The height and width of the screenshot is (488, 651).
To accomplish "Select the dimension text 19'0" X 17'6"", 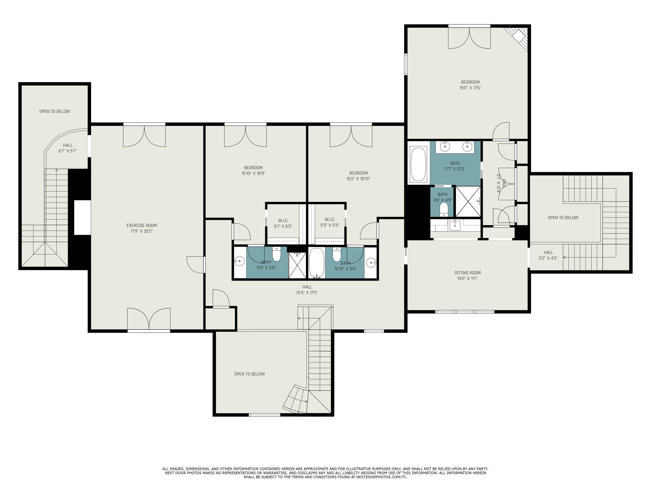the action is coord(470,88).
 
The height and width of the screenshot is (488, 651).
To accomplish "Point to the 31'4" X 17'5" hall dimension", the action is coord(307,293).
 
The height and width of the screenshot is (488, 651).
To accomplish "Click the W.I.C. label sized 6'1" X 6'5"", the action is coord(283,223).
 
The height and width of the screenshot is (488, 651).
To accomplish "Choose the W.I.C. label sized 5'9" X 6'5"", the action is coord(330,222).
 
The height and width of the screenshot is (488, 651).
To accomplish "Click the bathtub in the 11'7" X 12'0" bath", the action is coord(418,164).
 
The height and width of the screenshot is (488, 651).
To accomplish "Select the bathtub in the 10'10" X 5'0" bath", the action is coord(317,263).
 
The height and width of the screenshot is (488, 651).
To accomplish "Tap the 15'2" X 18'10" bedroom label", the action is coord(358,176).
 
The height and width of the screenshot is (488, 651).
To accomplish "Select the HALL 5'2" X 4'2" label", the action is coord(548,255).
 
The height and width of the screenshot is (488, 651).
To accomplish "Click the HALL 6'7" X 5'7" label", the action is coord(68,148).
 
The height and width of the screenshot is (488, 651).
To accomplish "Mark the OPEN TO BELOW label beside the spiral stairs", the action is coord(250,374).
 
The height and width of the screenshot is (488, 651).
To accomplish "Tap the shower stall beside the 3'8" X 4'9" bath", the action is coord(468,201).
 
